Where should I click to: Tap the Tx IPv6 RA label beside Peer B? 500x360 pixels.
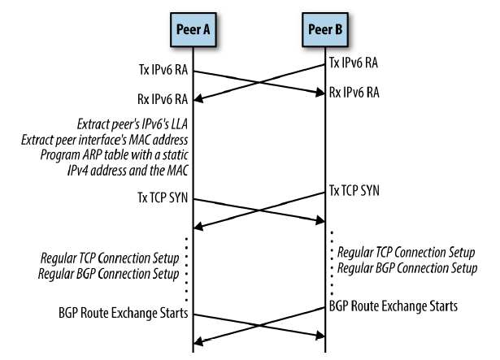click(x=355, y=61)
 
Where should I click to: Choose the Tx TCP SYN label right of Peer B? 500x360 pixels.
click(x=355, y=190)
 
